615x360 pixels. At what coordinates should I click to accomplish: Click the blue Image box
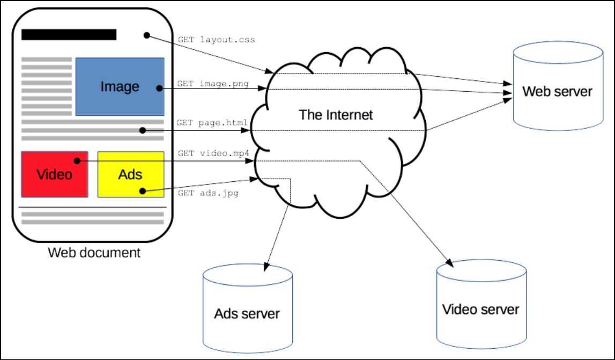point(120,86)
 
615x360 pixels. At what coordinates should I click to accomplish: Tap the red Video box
point(54,174)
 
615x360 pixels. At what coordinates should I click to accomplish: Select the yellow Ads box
point(130,174)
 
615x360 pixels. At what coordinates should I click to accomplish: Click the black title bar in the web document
point(69,35)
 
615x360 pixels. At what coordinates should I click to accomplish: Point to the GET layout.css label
point(216,40)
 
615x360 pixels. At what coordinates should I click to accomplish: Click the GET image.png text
point(213,84)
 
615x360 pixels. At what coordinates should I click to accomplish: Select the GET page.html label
point(212,123)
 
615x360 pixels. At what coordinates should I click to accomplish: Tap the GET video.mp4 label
point(213,153)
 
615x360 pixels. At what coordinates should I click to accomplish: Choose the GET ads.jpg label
point(208,193)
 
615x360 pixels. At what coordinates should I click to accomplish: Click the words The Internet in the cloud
point(336,115)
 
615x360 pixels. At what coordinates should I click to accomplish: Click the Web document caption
point(94,252)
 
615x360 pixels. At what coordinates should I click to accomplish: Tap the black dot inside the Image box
point(159,88)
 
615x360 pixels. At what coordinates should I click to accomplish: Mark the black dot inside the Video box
point(77,160)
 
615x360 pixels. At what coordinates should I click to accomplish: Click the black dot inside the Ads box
point(142,190)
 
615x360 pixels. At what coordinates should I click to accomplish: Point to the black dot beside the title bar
point(146,35)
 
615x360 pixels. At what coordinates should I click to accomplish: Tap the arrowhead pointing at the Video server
point(451,263)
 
